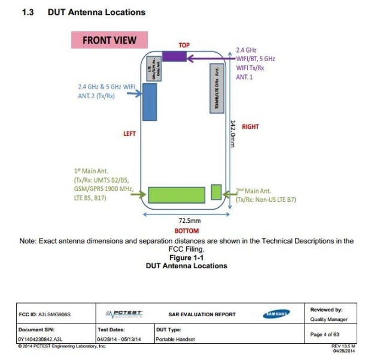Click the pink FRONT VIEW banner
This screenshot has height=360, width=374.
110,40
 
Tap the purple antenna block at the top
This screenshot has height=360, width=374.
174,56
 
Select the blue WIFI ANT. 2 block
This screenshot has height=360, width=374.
149,102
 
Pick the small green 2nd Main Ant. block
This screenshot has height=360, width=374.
216,192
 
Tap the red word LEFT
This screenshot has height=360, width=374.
130,134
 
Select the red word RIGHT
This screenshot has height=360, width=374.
250,127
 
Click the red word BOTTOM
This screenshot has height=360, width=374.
187,231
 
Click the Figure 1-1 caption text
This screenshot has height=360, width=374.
187,258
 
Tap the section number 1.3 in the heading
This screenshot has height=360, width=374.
28,12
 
